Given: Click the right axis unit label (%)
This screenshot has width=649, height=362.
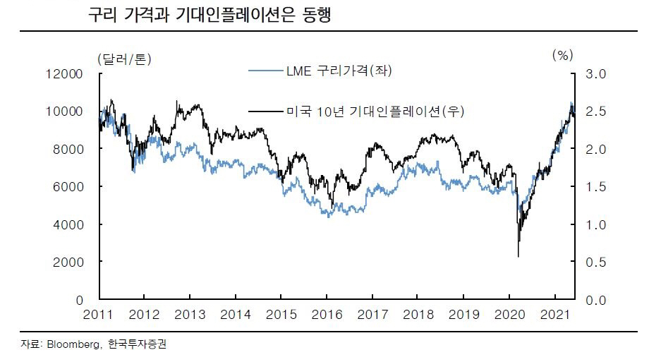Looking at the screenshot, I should click(x=561, y=55).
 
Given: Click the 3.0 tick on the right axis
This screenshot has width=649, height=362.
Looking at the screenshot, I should click(x=597, y=74).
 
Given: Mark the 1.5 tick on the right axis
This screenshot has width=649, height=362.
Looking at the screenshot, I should click(x=597, y=187).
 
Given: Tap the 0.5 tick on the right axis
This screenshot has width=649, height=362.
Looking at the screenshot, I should click(x=597, y=262).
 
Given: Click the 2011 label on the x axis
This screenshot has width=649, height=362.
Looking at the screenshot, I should click(x=99, y=314).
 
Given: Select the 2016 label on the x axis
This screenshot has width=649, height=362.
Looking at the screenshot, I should click(x=327, y=314).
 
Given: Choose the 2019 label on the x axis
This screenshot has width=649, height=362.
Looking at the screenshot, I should click(x=466, y=314).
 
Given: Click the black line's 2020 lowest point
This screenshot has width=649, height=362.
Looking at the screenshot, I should click(x=518, y=256).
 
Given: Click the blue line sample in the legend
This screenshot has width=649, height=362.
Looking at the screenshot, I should click(x=267, y=71).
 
